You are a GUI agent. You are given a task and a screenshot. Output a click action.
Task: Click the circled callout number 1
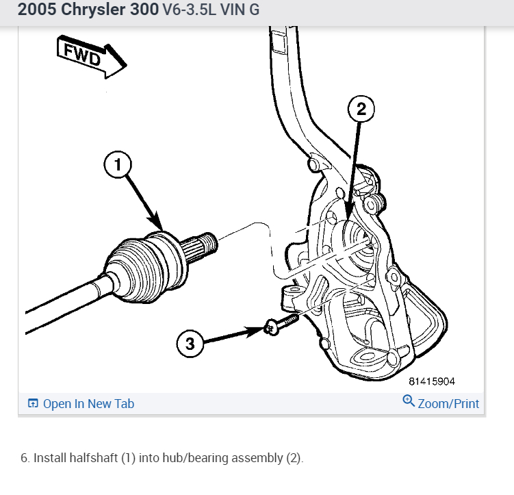point(117,164)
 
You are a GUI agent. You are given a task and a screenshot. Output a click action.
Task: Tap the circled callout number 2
point(362,108)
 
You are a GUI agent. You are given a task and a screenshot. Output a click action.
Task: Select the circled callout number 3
point(190,344)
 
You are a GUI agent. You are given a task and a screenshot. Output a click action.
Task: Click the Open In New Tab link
point(88,404)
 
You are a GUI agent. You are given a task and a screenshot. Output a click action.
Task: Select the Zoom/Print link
point(448,404)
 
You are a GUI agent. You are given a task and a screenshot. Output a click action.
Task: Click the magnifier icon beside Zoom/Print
point(409,401)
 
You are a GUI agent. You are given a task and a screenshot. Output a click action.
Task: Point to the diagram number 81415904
point(432,381)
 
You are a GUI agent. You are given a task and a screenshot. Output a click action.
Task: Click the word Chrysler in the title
point(102,11)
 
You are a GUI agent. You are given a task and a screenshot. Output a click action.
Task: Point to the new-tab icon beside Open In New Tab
point(33,404)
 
